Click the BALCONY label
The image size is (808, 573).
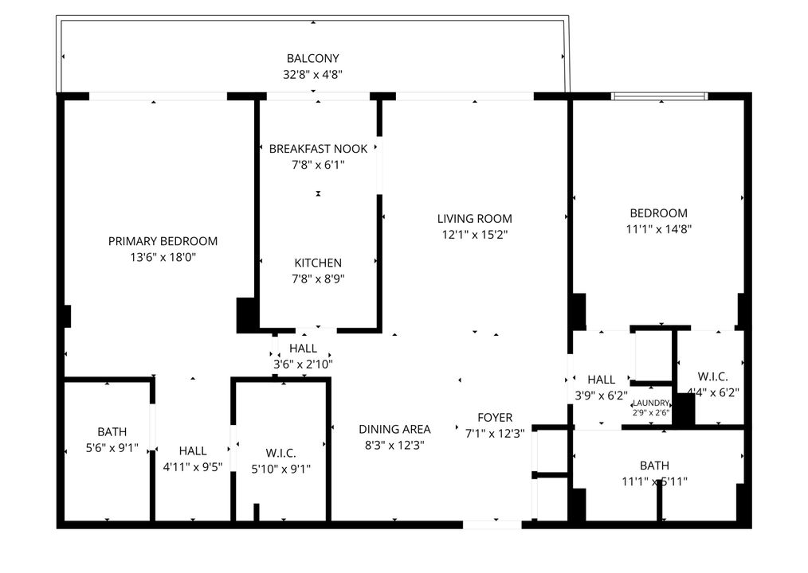tap(313, 58)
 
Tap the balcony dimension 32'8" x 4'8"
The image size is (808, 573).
tap(313, 75)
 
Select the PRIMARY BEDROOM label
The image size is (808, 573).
tap(163, 241)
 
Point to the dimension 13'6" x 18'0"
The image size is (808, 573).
tap(163, 258)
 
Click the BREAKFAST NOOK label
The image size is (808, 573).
tap(318, 149)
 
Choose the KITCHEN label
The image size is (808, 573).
tap(318, 263)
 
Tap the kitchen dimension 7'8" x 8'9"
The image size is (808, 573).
tap(318, 279)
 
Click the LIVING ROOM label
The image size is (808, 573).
tap(474, 218)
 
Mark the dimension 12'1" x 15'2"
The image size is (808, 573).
tap(474, 235)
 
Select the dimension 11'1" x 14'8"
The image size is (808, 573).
tap(658, 229)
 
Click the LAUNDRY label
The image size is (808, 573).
tap(651, 403)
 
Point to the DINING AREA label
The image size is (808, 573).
tap(394, 428)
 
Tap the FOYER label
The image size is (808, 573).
tap(495, 417)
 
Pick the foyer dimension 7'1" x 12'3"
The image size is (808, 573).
tap(495, 434)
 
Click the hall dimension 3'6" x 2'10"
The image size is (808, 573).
tap(303, 364)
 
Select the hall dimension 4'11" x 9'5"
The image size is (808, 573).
tap(193, 468)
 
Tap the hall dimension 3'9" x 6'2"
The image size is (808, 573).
tap(602, 394)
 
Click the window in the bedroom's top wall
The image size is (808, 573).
tap(659, 96)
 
